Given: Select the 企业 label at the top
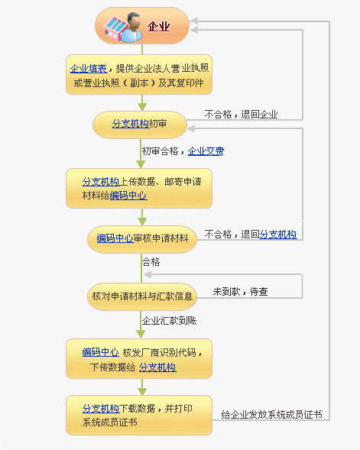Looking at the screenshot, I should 158,27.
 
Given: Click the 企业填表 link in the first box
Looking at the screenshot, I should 89,68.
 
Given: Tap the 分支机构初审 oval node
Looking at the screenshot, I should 139,123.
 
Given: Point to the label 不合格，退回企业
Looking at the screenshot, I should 241,115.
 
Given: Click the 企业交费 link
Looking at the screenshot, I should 206,151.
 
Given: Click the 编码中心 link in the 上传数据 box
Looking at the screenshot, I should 128,196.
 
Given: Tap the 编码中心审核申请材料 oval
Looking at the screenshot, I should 142,239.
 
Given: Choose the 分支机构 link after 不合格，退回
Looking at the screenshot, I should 278,235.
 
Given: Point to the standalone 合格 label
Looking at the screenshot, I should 151,262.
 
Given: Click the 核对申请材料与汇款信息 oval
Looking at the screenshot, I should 142,295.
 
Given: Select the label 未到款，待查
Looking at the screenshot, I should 240,291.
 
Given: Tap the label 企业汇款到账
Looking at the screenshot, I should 170,320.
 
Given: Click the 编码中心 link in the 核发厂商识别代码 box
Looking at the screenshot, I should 100,352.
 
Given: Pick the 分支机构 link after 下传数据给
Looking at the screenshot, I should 157,367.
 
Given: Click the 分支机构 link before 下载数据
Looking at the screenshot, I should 100,408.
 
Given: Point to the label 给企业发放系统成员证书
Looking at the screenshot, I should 271,414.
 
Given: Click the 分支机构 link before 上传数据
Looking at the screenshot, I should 100,181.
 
